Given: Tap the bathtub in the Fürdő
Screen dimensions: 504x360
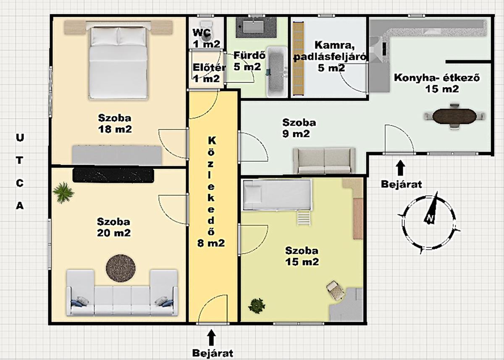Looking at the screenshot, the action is pyautogui.click(x=277, y=72).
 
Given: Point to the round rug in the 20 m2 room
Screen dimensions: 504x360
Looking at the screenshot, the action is pyautogui.click(x=121, y=268).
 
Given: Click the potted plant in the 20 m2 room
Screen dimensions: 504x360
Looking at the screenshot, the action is pyautogui.click(x=63, y=192).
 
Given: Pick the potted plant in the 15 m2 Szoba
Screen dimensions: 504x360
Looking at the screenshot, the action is pyautogui.click(x=257, y=306).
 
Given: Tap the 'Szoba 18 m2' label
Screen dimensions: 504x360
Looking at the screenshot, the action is pyautogui.click(x=115, y=124).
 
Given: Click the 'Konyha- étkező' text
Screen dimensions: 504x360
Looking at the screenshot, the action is pyautogui.click(x=437, y=78).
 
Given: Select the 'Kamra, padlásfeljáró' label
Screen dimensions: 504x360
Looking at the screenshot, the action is pyautogui.click(x=330, y=51).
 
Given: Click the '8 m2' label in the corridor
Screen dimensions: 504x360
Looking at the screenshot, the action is pyautogui.click(x=211, y=243).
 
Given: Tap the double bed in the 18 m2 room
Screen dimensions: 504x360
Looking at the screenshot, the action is pyautogui.click(x=118, y=63).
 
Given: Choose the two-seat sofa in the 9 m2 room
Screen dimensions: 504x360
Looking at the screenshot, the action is pyautogui.click(x=324, y=161).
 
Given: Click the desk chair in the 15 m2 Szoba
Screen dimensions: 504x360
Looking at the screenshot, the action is pyautogui.click(x=335, y=290).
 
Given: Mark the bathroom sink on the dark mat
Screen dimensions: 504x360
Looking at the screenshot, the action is pyautogui.click(x=253, y=26).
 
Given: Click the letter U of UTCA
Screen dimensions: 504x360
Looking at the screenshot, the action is pyautogui.click(x=20, y=138).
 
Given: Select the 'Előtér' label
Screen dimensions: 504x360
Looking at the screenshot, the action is pyautogui.click(x=209, y=68).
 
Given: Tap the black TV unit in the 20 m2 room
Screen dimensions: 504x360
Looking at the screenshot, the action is pyautogui.click(x=113, y=175).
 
